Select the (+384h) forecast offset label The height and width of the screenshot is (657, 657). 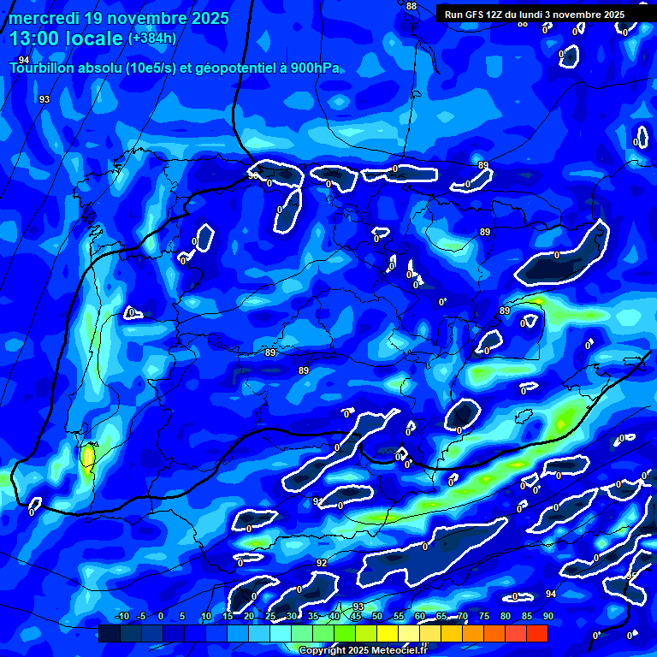click(x=152, y=38)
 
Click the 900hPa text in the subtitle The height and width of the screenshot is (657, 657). click(x=315, y=68)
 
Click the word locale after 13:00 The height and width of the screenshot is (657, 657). click(x=97, y=38)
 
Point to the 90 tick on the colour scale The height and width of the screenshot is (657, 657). click(x=547, y=616)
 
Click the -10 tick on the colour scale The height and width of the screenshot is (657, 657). click(x=121, y=616)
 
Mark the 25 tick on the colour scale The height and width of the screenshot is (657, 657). click(x=270, y=616)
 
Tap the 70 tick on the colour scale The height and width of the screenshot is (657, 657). click(x=463, y=616)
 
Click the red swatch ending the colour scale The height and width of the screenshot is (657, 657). click(x=536, y=633)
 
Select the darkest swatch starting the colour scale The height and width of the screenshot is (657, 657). click(x=109, y=633)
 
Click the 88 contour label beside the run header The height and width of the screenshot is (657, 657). click(x=411, y=6)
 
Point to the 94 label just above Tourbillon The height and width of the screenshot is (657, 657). click(x=24, y=59)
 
